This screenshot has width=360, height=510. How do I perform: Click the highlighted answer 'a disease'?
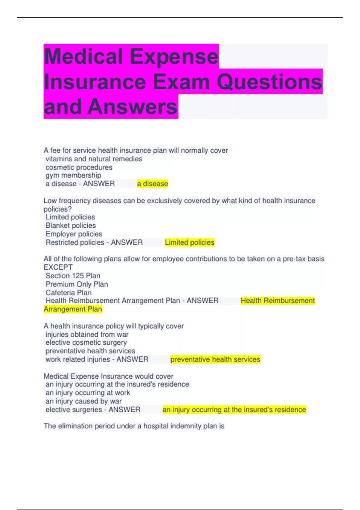152,184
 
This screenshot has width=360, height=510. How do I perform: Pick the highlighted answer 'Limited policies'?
190,242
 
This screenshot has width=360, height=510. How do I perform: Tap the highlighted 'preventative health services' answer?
215,359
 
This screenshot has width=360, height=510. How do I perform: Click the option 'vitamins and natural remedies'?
94,159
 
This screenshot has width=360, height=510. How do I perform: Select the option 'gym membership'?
73,175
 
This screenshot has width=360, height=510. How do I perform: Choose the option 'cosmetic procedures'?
79,167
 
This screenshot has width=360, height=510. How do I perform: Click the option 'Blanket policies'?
70,225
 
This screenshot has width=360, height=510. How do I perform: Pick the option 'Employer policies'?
74,234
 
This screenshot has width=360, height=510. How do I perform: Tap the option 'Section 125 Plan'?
73,276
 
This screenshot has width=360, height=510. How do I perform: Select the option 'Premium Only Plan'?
76,284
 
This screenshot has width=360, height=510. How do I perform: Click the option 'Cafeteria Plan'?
68,292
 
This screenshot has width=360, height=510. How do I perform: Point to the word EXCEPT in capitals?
58,267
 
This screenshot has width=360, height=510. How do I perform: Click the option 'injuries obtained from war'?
87,334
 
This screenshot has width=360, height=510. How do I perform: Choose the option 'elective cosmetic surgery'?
86,343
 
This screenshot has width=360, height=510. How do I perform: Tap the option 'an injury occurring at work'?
88,393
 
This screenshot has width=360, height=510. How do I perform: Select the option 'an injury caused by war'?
83,401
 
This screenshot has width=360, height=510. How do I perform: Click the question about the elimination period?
134,426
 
